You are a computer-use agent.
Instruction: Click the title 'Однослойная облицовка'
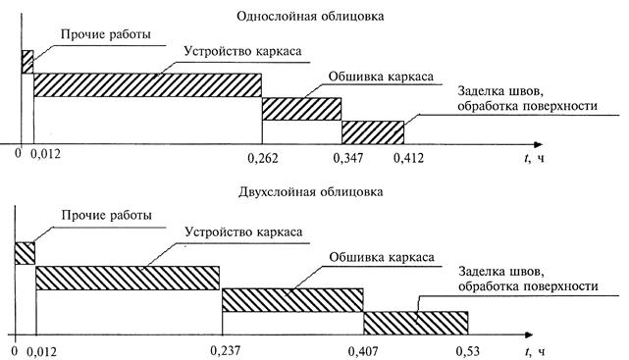pos(310,17)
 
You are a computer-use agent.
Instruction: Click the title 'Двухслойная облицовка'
pos(310,191)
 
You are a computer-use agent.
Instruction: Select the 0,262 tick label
pos(263,158)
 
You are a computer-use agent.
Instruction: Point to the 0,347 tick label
pos(348,158)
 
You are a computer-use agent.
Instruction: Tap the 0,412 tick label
pos(408,158)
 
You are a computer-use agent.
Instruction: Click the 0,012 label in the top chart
pos(46,154)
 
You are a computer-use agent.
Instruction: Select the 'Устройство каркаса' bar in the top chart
pos(147,85)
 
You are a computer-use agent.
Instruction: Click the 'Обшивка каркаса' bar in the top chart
pos(301,109)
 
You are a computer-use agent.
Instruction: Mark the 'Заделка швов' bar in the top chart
pos(373,132)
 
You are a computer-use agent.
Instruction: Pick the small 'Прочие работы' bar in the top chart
pos(27,62)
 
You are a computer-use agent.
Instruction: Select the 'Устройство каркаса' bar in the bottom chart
pos(128,278)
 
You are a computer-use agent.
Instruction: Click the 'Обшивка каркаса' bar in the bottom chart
pos(292,300)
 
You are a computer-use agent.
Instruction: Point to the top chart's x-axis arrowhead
pos(538,144)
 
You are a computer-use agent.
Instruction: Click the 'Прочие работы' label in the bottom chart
pos(107,215)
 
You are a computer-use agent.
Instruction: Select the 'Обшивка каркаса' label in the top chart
pos(381,77)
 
